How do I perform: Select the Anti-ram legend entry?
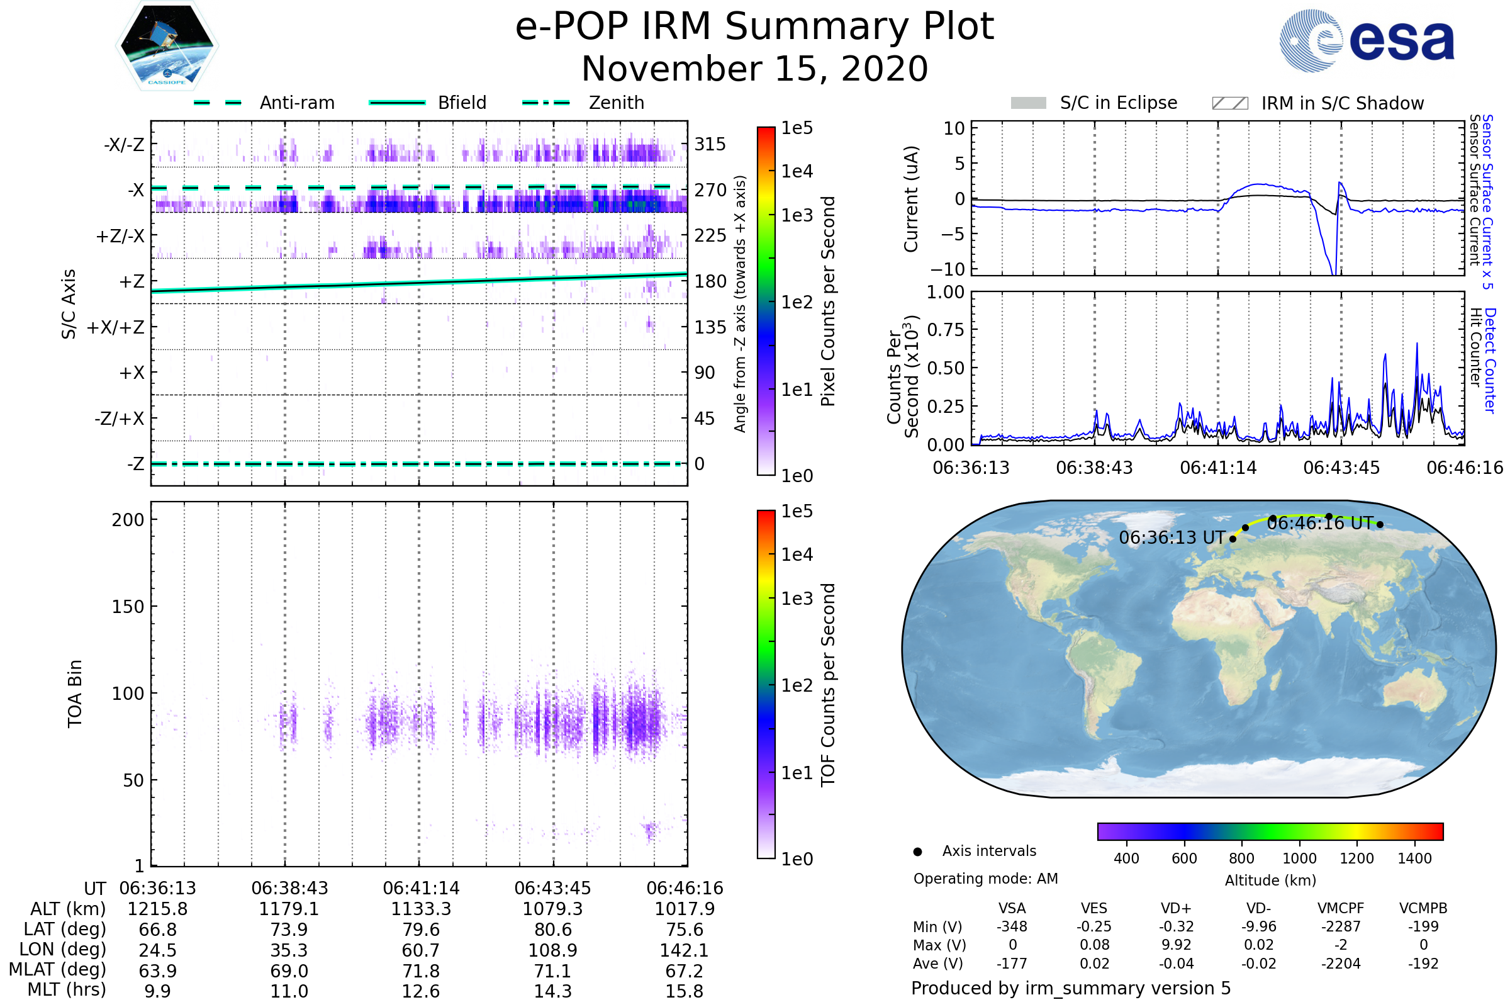(296, 103)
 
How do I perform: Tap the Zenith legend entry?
(616, 103)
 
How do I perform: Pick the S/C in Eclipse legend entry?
(1118, 103)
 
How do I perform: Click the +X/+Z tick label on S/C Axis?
(116, 327)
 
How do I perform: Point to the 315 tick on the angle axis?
(710, 144)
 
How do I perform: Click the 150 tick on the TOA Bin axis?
(128, 607)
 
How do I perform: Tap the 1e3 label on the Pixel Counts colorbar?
(797, 215)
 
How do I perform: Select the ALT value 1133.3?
(421, 909)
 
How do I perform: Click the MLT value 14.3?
(553, 991)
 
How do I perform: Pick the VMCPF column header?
(1341, 908)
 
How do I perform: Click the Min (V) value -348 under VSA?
(1012, 926)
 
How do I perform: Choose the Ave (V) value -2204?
(1341, 964)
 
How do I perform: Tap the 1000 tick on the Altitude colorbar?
(1299, 858)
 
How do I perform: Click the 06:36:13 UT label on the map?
(1172, 537)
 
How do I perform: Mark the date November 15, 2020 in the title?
(754, 69)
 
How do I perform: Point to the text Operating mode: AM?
(985, 879)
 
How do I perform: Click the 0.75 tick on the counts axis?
(945, 329)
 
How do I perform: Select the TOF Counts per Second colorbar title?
(828, 685)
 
